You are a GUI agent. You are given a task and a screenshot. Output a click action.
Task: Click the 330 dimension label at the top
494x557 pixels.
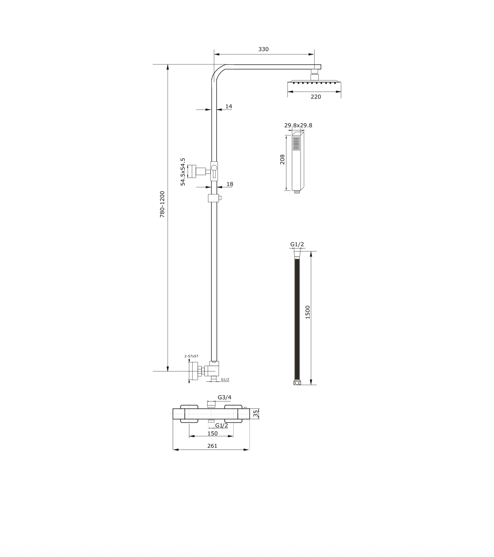pos(263,49)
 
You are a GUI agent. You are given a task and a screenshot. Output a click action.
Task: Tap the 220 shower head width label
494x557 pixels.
pos(316,97)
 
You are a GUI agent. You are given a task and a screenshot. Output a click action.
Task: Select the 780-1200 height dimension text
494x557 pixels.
pos(162,204)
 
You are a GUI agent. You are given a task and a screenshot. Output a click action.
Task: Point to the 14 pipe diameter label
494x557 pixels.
pos(229,106)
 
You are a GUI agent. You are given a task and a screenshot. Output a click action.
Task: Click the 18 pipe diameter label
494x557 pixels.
pos(230,184)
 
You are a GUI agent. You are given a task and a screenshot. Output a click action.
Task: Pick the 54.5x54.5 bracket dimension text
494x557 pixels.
pos(183,172)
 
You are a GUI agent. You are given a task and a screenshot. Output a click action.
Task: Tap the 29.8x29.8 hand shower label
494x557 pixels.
pos(298,125)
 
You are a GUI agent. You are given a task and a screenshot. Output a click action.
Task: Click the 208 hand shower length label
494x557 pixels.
pos(282,159)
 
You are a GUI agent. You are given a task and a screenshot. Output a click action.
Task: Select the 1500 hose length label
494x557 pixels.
pos(308,312)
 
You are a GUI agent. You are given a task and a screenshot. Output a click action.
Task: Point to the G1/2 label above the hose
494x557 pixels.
pos(297,244)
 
